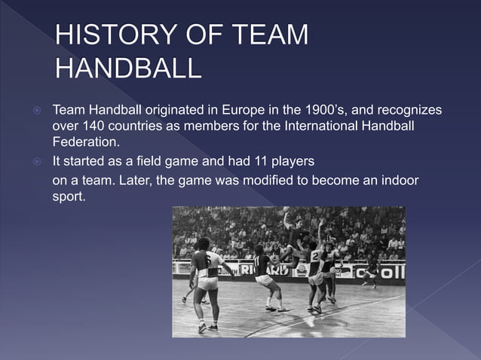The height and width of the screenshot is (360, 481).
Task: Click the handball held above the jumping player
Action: pos(286,211)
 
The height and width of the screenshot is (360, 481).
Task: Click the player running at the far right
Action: pos(369,272)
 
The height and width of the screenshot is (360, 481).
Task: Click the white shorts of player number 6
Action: pos(207,283)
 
